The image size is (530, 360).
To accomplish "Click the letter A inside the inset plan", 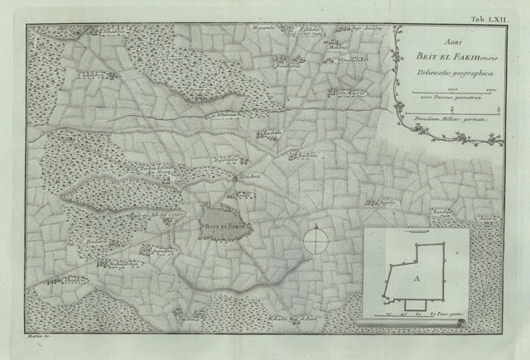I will pyautogui.click(x=417, y=279).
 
